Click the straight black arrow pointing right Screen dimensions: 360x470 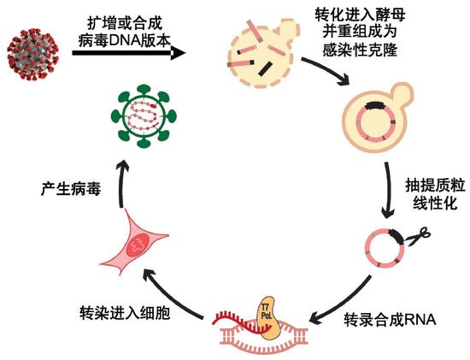(128, 53)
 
